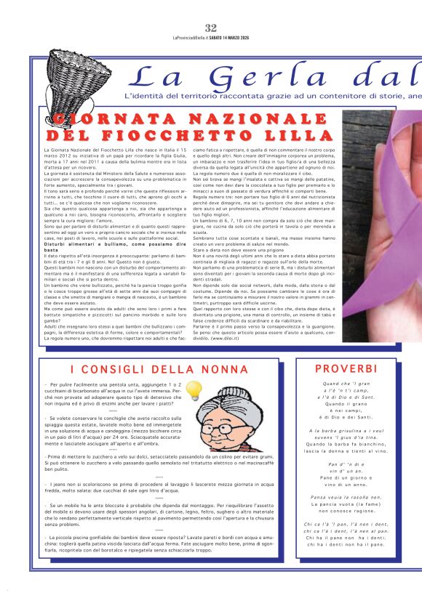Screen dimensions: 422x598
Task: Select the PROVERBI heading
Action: [x=346, y=368]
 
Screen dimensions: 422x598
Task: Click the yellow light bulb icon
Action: [x=193, y=392]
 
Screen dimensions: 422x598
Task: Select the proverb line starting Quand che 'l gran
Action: [x=346, y=384]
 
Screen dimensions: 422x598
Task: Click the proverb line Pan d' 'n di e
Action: [x=346, y=464]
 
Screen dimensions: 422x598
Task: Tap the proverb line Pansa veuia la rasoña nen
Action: [x=346, y=497]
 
